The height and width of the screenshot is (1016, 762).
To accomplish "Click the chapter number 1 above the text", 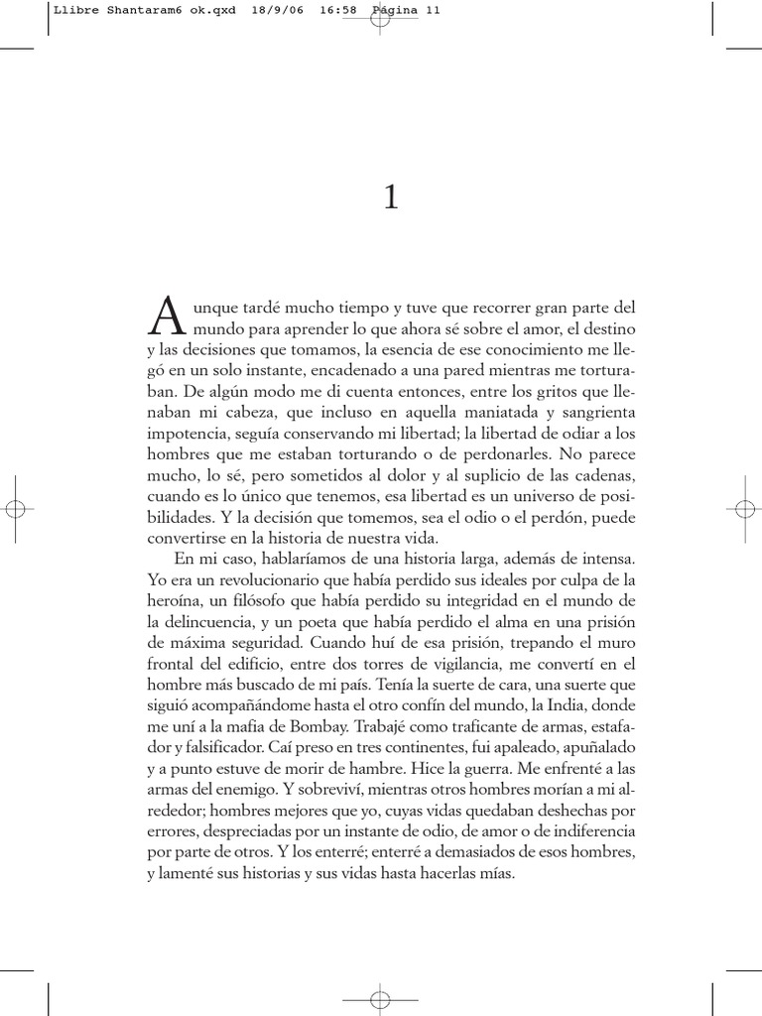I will tap(390, 199).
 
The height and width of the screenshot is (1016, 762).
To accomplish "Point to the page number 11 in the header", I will tap(432, 11).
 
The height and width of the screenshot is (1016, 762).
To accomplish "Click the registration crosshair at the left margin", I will tap(15, 508).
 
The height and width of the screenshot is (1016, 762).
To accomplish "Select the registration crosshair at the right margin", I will tap(746, 508).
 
